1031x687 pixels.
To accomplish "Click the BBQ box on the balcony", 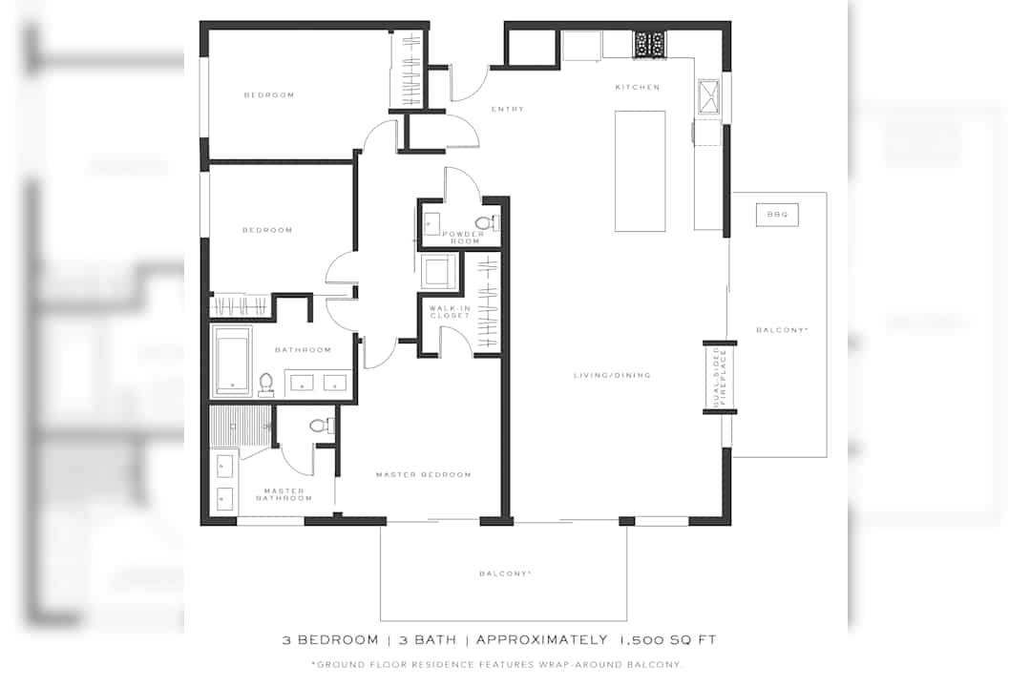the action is pyautogui.click(x=777, y=215).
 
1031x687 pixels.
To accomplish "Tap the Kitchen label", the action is pyautogui.click(x=638, y=87).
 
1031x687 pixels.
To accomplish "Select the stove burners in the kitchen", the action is pyautogui.click(x=650, y=45).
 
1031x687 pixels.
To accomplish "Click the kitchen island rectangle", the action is pyautogui.click(x=640, y=171).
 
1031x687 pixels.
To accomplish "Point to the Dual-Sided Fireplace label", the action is pyautogui.click(x=720, y=377).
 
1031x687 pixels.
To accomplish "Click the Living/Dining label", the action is pyautogui.click(x=612, y=375).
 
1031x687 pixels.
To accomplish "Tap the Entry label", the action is pyautogui.click(x=508, y=109).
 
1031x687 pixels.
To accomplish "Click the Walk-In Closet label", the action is pyautogui.click(x=450, y=312).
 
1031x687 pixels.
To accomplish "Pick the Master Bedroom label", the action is pyautogui.click(x=424, y=474).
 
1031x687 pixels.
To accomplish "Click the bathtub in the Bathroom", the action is pyautogui.click(x=232, y=361).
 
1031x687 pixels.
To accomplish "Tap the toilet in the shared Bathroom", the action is pyautogui.click(x=265, y=385).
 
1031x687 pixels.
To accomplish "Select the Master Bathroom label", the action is pyautogui.click(x=284, y=494).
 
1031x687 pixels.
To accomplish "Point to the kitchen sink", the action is pyautogui.click(x=708, y=96).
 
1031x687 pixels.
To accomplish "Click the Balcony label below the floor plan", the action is pyautogui.click(x=505, y=573).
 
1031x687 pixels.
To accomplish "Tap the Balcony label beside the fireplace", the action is pyautogui.click(x=782, y=330).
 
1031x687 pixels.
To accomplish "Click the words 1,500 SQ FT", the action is pyautogui.click(x=667, y=639).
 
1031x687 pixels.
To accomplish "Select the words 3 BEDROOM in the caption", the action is pyautogui.click(x=330, y=639).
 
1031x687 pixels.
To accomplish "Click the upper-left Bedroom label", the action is pyautogui.click(x=269, y=95).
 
